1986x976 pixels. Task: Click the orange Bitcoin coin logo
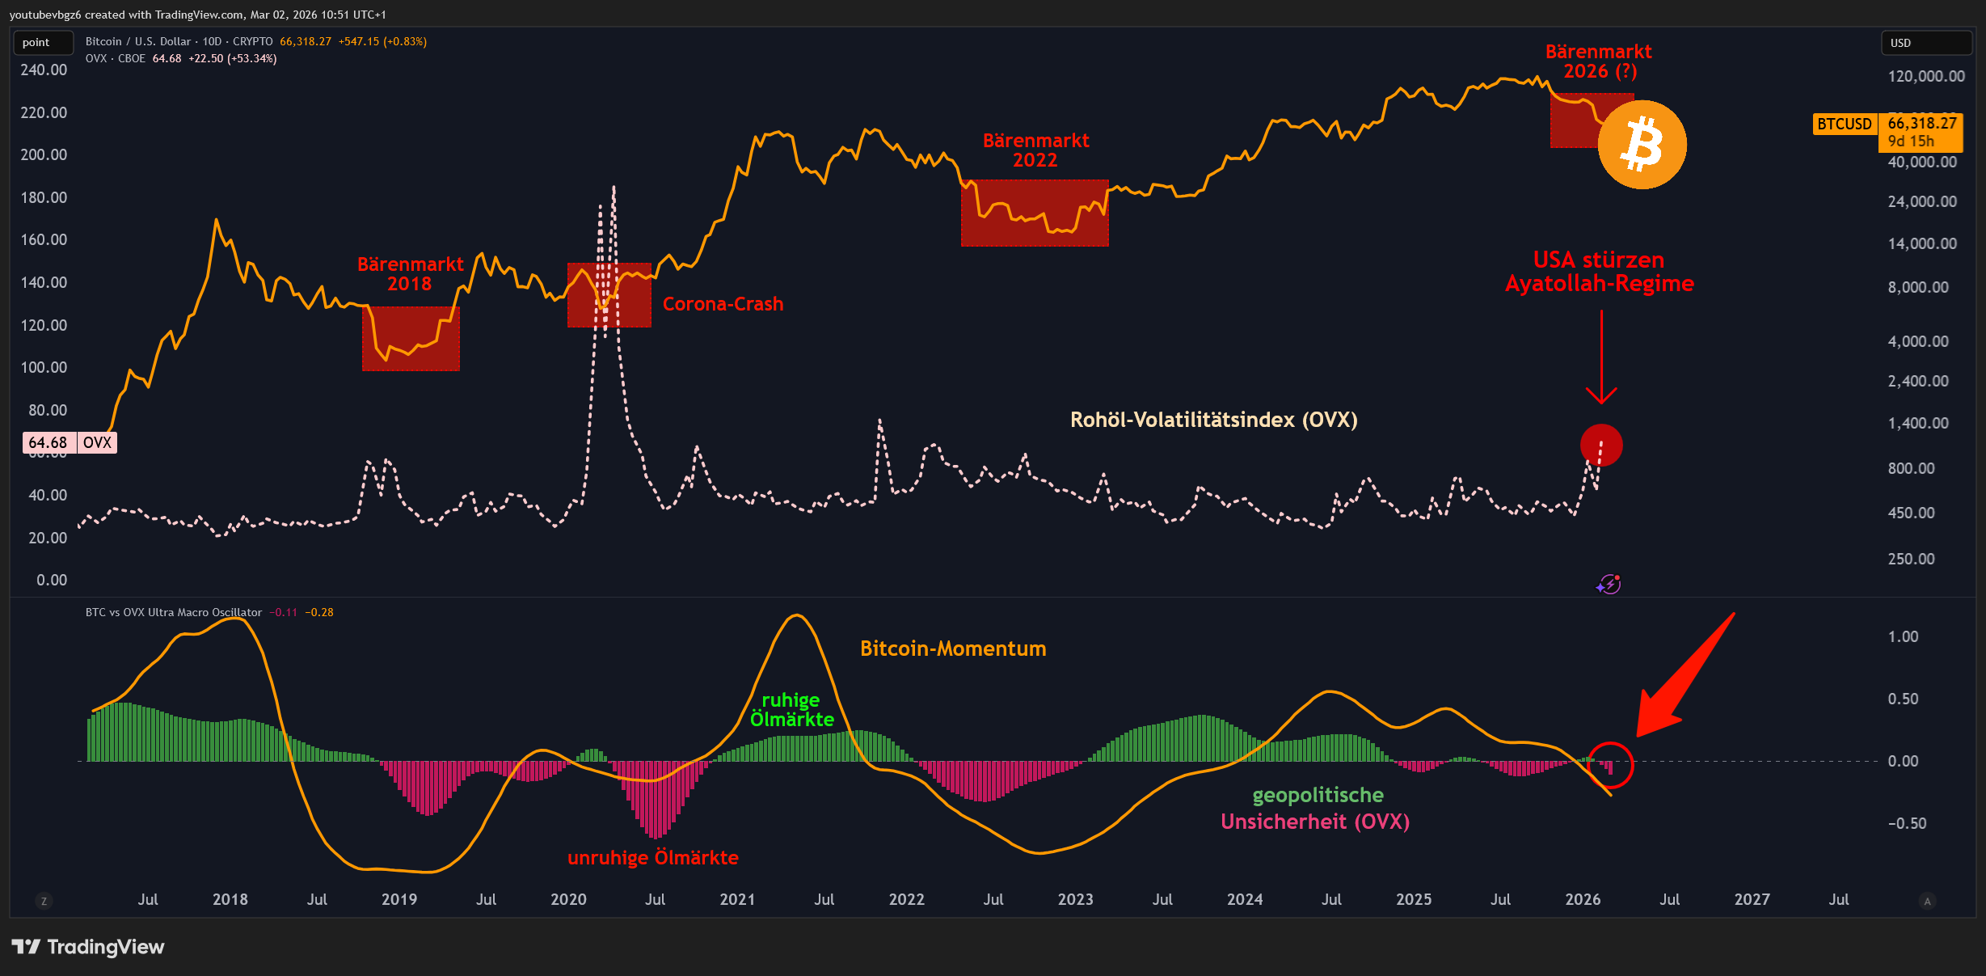(x=1642, y=145)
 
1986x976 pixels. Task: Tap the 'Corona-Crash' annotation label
(x=723, y=304)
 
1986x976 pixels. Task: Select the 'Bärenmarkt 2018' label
(x=410, y=274)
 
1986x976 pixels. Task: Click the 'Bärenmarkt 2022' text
(x=1035, y=150)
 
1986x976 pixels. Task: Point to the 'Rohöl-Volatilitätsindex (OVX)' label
(x=1213, y=420)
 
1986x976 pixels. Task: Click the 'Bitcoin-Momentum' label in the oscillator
(x=953, y=649)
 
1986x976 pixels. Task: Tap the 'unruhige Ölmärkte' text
(x=652, y=858)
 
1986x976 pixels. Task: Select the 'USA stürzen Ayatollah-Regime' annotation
(x=1599, y=272)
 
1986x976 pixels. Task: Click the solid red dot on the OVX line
(x=1601, y=446)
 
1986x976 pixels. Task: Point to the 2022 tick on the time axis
(x=906, y=899)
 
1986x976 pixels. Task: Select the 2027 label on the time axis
(x=1752, y=899)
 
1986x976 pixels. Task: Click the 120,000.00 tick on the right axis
(x=1925, y=76)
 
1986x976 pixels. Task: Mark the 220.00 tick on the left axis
(x=44, y=112)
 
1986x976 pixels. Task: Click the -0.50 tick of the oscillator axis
(x=1907, y=823)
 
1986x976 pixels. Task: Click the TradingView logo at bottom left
(x=87, y=947)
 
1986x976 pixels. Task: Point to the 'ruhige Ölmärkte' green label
(x=791, y=710)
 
